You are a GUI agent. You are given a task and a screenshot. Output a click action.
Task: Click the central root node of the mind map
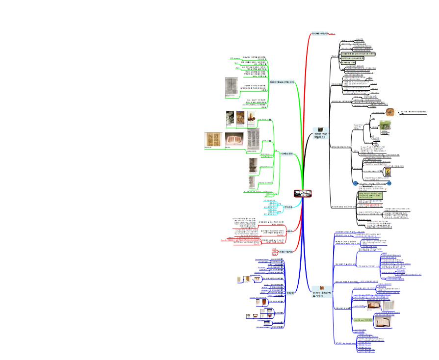[x=303, y=194]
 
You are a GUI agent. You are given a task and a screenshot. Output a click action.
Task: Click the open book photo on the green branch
[x=234, y=140]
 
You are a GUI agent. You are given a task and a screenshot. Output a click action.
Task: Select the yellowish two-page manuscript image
[x=213, y=140]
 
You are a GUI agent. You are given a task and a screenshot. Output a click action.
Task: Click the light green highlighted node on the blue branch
[x=362, y=319]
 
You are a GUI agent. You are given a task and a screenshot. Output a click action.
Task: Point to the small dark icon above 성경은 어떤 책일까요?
[x=320, y=129]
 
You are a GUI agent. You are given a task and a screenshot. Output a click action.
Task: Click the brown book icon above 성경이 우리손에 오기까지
[x=322, y=288]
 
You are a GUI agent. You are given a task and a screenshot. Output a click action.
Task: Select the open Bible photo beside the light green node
[x=383, y=321]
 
